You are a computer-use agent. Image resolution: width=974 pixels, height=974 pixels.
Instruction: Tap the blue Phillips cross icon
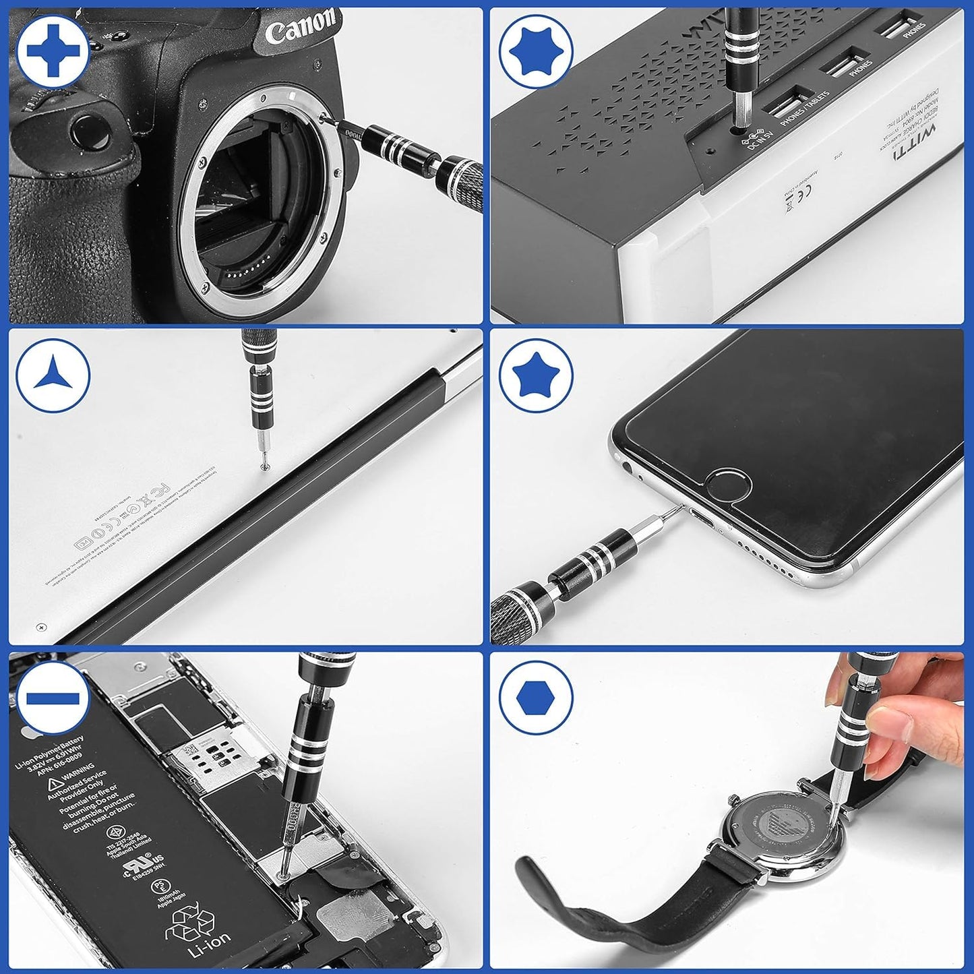pos(53,51)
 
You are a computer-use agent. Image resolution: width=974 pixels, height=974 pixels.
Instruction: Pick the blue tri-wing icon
pos(53,375)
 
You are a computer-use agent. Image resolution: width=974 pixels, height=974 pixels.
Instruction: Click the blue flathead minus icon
pos(53,698)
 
